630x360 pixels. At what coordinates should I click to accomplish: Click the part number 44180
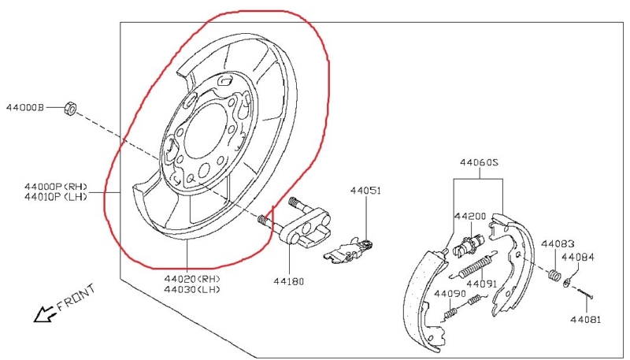point(289,280)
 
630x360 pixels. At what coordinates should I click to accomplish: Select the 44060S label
point(480,163)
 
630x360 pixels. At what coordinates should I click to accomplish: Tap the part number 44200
point(470,215)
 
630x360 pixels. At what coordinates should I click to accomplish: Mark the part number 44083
point(558,243)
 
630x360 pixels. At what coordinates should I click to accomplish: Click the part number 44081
point(587,320)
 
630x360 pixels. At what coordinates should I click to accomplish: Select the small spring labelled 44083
point(554,275)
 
